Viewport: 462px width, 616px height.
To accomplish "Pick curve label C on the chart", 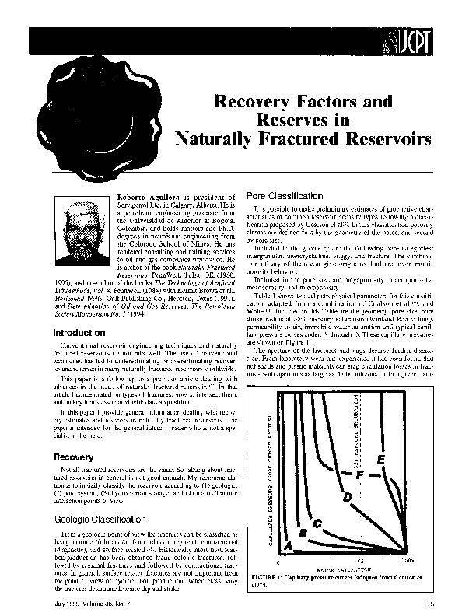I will click(x=318, y=524).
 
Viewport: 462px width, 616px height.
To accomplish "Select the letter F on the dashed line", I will click(x=359, y=473).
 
